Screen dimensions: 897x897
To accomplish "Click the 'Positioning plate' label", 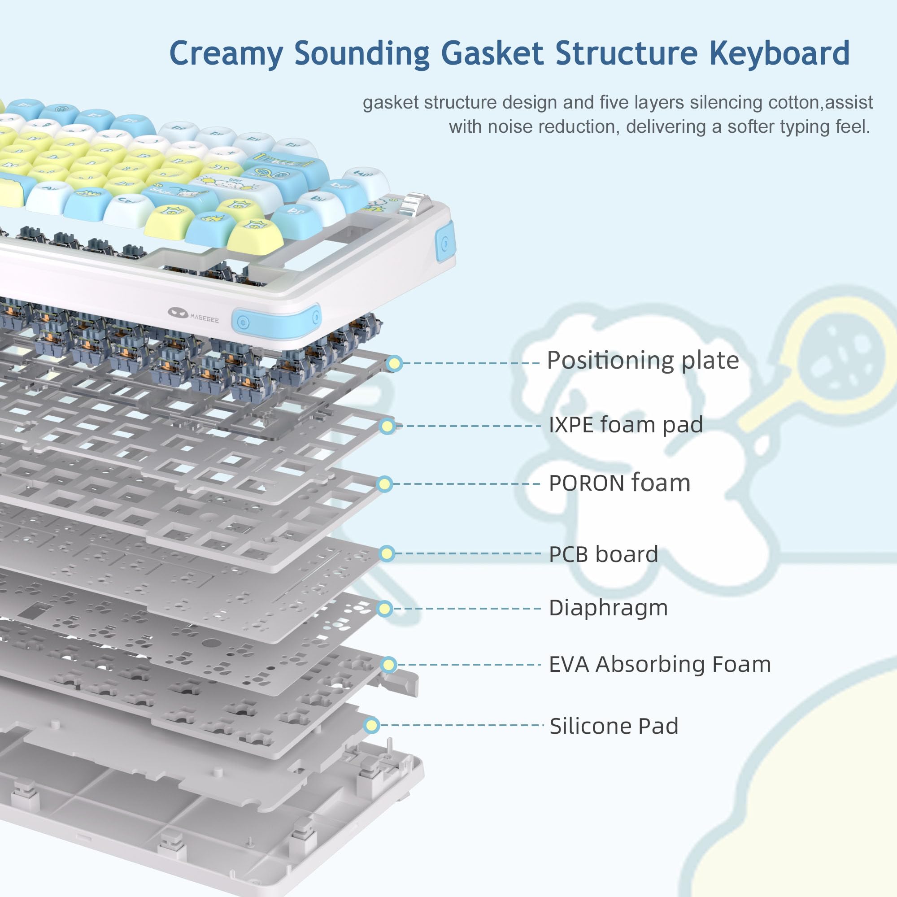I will point(643,361).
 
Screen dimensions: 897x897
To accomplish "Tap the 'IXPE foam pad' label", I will point(625,425).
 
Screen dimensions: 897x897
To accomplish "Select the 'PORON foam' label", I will point(619,483).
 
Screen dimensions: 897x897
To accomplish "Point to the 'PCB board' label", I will point(603,554).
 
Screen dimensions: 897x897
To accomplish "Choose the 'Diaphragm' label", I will point(608,608).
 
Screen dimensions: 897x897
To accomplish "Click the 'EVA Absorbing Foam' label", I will point(660,664).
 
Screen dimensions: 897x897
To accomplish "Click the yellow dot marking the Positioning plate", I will point(395,364).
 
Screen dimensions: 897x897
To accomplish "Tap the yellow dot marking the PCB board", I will point(387,553).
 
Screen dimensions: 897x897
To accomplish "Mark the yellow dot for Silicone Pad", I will point(371,725).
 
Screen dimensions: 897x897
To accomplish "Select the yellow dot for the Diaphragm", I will point(385,609).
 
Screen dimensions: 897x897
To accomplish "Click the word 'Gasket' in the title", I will point(492,53).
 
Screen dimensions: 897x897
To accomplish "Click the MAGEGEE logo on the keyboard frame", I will point(193,315).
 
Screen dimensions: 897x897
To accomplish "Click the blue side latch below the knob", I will point(445,242).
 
